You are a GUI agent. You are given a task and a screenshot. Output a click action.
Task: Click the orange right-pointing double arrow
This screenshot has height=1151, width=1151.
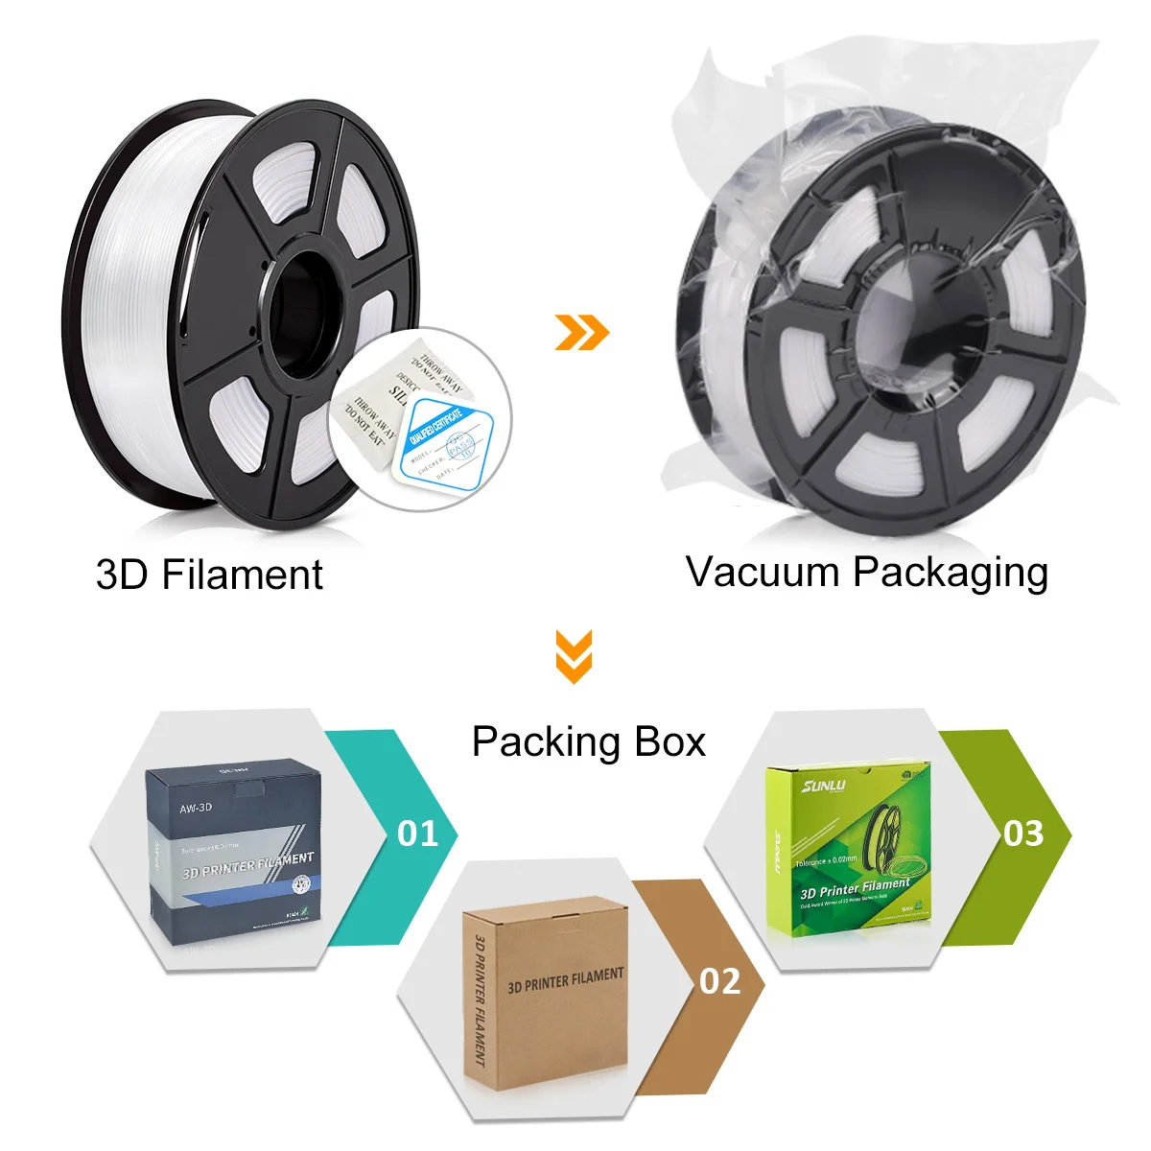pos(582,332)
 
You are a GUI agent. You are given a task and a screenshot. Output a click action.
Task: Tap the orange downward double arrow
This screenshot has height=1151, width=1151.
pos(574,656)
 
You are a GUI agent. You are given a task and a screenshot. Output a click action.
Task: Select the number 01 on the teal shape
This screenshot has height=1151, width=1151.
pos(417,834)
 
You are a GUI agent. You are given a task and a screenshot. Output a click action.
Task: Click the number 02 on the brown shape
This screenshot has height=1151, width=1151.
pos(719,981)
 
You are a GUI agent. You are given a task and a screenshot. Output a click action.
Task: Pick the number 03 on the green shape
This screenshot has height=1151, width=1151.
pos(1023,834)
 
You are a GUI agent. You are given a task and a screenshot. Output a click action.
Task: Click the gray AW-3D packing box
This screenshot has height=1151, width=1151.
pos(235,849)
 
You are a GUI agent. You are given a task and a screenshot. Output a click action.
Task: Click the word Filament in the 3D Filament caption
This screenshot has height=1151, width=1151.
pos(242,575)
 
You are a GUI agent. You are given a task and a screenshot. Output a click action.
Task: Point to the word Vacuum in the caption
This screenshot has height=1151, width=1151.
pos(763,572)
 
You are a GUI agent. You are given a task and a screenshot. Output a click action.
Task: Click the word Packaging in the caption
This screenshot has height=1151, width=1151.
pos(950,574)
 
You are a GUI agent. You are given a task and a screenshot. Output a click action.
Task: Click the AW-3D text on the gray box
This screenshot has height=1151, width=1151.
pos(196,808)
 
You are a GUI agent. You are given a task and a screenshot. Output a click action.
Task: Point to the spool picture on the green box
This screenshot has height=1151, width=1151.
pos(890,839)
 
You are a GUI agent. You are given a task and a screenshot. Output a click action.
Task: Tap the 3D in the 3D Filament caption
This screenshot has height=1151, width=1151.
pos(123,575)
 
